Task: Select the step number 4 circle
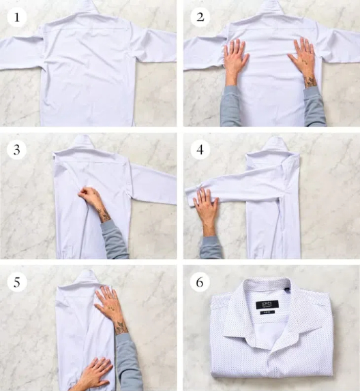[199, 150]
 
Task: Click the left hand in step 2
[235, 60]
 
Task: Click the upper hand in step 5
[109, 305]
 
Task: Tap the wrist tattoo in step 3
[104, 215]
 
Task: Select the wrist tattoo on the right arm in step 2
[310, 81]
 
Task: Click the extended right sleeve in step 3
[153, 182]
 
